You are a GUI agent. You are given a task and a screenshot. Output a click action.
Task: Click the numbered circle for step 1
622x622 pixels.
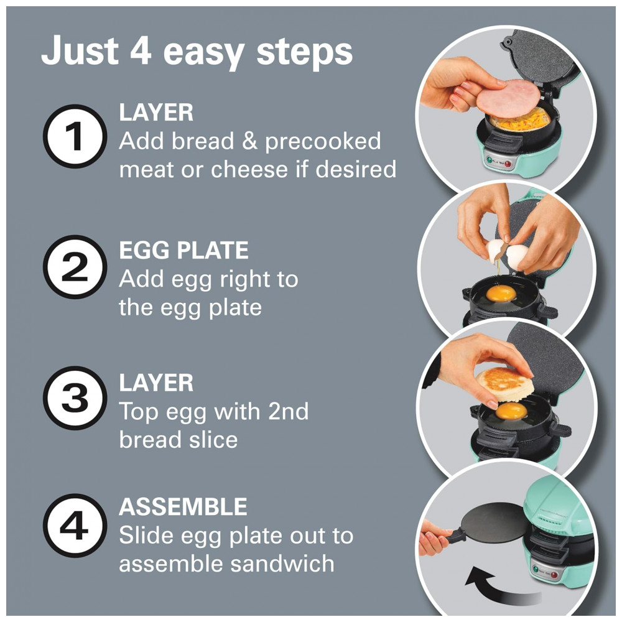point(75,136)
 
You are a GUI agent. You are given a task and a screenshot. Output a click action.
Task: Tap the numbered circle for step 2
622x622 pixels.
point(75,267)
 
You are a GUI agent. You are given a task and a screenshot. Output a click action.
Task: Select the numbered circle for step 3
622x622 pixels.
point(75,398)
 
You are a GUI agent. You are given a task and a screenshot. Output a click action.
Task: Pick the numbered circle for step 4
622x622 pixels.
point(75,526)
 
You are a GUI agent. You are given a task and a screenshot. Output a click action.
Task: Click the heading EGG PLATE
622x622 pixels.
point(183,250)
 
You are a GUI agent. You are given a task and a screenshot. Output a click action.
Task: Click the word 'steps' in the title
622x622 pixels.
point(304,52)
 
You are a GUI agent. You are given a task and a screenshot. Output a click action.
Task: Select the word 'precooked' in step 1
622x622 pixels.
point(323,142)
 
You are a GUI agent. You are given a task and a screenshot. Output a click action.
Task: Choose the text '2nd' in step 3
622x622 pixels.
point(289,411)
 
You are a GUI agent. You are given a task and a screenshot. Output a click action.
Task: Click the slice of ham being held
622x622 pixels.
point(509,98)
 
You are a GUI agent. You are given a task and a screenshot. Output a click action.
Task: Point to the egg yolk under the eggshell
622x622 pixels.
point(501,294)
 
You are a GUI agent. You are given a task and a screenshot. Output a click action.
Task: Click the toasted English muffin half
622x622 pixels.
point(504,384)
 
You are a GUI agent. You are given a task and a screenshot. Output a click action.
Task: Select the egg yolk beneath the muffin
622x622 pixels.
point(511,411)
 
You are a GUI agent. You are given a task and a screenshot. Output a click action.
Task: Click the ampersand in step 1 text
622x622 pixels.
point(249,142)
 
